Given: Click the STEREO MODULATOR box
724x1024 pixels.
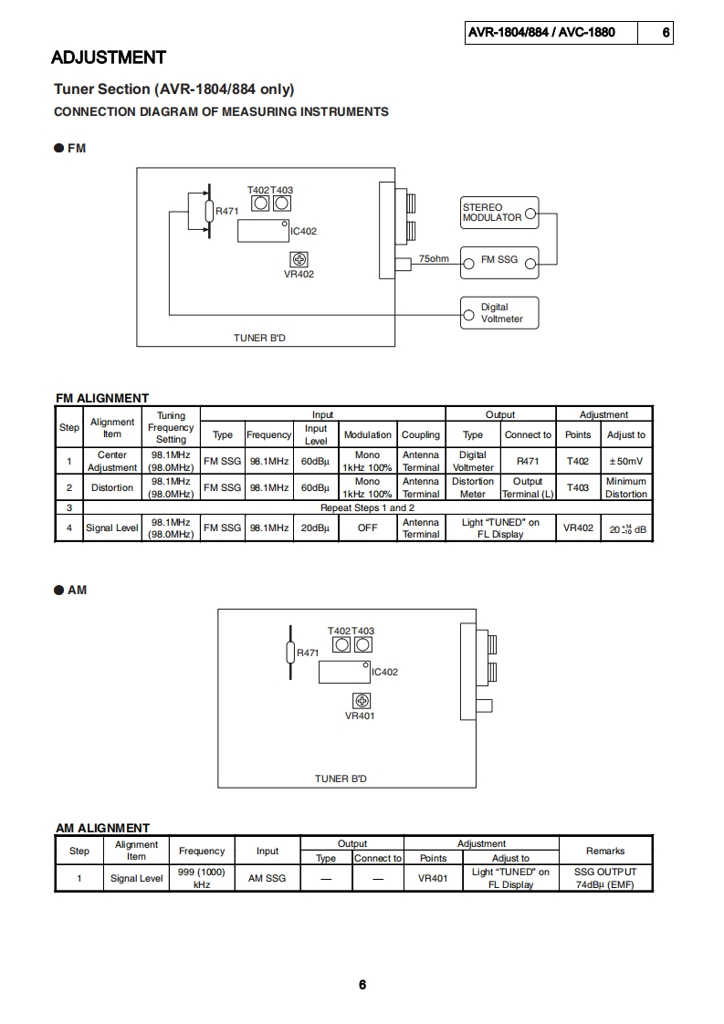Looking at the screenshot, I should tap(498, 213).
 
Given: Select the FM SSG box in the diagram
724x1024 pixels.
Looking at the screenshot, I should tap(498, 260).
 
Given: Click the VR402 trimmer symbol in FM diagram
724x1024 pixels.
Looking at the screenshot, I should tap(299, 260).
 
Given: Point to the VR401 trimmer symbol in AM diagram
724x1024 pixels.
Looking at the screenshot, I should tap(362, 701).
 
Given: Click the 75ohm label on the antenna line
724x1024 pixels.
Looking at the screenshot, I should tap(434, 259).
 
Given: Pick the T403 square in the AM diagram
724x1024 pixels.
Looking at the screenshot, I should tap(363, 644).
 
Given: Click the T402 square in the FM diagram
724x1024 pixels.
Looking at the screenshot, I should tap(260, 204).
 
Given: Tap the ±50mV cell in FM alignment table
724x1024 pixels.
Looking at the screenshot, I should tap(626, 461).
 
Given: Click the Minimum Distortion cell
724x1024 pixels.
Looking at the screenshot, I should tap(626, 487).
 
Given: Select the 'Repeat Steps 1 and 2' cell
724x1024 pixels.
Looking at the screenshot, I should tap(367, 507).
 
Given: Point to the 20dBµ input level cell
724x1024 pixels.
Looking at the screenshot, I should tap(315, 528).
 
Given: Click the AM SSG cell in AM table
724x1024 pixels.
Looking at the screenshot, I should tap(268, 878).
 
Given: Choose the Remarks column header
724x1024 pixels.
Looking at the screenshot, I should tap(605, 851).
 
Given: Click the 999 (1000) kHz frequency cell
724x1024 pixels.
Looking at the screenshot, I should tap(202, 878).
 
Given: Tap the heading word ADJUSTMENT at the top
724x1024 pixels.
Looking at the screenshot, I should tap(109, 57).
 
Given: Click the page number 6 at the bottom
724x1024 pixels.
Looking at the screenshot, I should tap(362, 985).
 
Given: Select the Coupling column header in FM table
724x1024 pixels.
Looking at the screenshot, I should tap(421, 434).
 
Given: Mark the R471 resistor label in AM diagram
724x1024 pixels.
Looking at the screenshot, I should tap(308, 653).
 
